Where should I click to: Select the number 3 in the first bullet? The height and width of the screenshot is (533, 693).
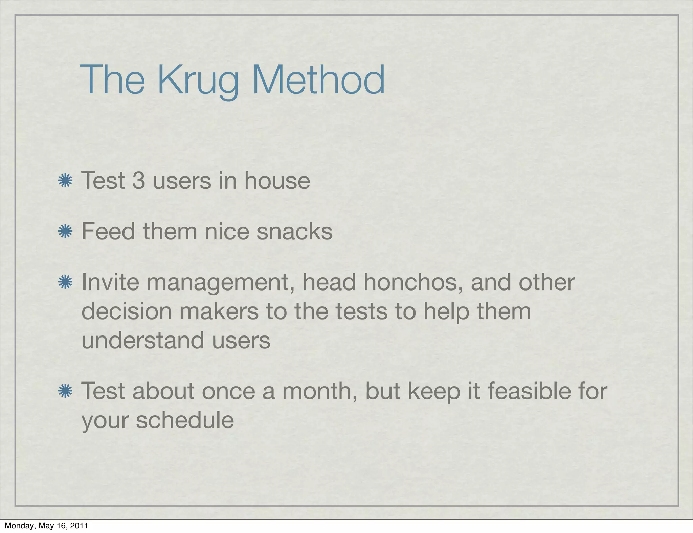click(138, 181)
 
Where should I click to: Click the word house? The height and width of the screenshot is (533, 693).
click(277, 181)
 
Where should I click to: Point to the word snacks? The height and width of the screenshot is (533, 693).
click(294, 232)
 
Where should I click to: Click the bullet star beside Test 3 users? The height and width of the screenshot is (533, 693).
click(65, 181)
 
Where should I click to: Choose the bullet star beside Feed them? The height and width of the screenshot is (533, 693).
click(65, 232)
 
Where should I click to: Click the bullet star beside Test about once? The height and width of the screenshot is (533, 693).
click(65, 391)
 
